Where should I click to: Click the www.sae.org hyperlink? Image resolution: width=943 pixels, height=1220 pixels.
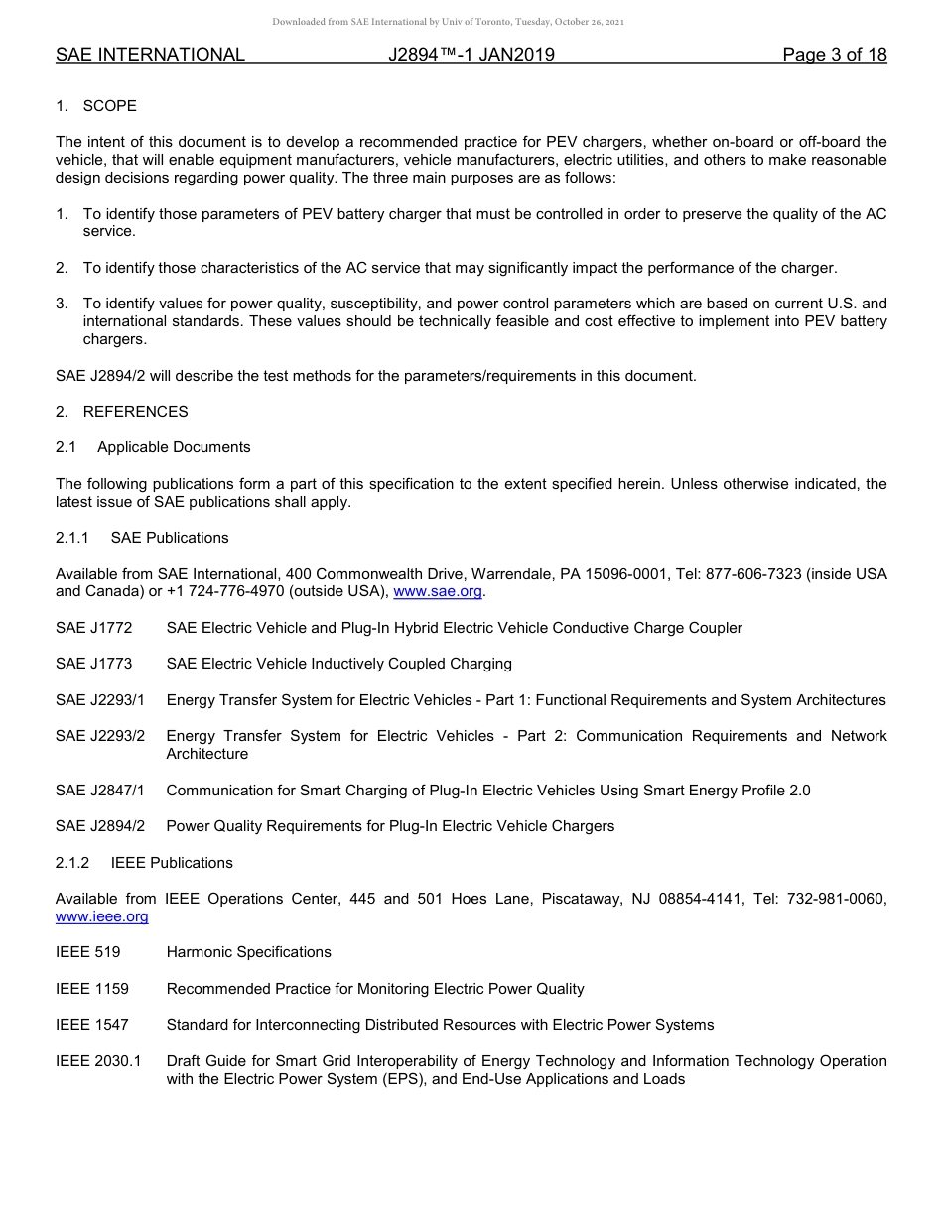click(438, 592)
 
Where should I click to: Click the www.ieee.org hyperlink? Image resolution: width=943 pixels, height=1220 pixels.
click(102, 916)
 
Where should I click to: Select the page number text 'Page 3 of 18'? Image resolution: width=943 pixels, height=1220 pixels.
click(834, 55)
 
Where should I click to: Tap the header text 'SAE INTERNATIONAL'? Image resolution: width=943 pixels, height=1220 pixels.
click(150, 55)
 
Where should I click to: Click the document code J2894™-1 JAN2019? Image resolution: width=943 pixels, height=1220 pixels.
click(471, 55)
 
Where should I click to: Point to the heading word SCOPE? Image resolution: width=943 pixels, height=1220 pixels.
click(110, 106)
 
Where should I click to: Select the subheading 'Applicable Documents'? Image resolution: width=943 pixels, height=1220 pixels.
click(174, 447)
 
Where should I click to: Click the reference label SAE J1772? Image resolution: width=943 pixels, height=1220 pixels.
click(94, 628)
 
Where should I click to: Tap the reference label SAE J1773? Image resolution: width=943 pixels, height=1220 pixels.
click(94, 664)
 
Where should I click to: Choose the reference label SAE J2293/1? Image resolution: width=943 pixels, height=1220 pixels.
click(100, 700)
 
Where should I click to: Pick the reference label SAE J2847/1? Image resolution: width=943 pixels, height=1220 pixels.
click(100, 791)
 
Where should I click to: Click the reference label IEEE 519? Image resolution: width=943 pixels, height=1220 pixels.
click(88, 952)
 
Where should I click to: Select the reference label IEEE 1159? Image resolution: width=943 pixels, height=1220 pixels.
click(92, 989)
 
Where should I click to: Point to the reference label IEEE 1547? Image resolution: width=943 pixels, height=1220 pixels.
click(92, 1025)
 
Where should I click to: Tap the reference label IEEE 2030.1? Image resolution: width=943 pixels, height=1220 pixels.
click(98, 1061)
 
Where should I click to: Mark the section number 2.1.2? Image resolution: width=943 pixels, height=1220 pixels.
click(72, 863)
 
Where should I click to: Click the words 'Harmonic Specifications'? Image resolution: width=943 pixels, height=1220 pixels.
click(249, 952)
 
